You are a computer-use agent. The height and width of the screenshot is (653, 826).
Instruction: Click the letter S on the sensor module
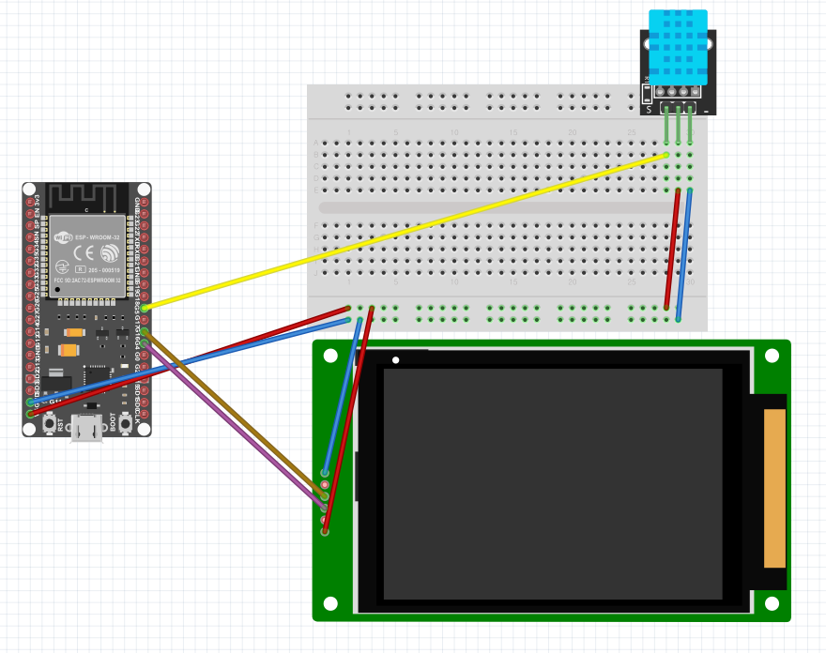[x=648, y=110]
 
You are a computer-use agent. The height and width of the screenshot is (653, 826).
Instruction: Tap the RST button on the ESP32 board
[x=49, y=424]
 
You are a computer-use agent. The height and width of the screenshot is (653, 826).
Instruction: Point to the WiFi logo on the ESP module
[x=63, y=238]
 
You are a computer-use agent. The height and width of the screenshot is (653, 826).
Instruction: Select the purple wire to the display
[x=235, y=428]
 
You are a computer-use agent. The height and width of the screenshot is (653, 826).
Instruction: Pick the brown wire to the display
[x=235, y=414]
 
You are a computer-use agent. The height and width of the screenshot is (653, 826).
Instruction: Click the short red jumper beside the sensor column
[x=672, y=249]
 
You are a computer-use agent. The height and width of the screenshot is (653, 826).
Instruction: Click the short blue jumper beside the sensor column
[x=684, y=253]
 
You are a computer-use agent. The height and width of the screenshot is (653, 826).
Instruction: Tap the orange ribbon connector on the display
[x=774, y=488]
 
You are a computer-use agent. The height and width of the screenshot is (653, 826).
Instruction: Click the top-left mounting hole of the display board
[x=329, y=357]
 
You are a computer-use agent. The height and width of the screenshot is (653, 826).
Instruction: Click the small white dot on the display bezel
[x=396, y=360]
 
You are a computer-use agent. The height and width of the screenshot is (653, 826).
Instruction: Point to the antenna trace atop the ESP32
[x=79, y=198]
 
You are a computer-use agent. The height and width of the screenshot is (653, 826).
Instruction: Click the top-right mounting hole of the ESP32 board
[x=145, y=190]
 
